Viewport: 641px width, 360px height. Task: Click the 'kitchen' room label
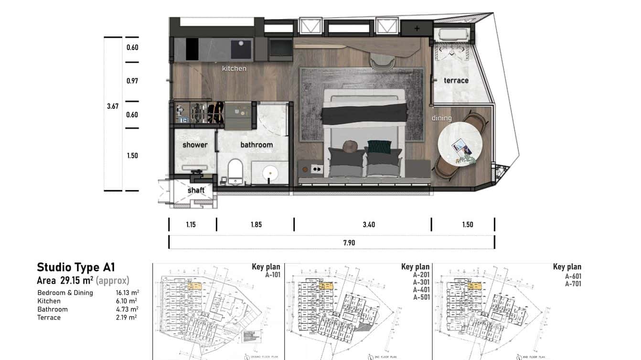pyautogui.click(x=234, y=68)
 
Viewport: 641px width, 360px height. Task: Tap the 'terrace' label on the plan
pyautogui.click(x=456, y=80)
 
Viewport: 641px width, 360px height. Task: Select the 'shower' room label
pyautogui.click(x=195, y=145)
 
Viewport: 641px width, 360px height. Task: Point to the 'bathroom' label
pyautogui.click(x=256, y=145)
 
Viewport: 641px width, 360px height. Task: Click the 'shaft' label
pyautogui.click(x=196, y=190)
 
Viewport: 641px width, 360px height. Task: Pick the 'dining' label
pyautogui.click(x=441, y=118)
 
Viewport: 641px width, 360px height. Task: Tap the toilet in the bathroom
pyautogui.click(x=235, y=170)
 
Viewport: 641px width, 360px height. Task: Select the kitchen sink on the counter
pyautogui.click(x=241, y=49)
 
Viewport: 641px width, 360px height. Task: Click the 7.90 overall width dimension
pyautogui.click(x=349, y=243)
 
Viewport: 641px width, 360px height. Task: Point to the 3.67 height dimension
pyautogui.click(x=113, y=106)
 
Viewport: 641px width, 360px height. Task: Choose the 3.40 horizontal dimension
pyautogui.click(x=369, y=224)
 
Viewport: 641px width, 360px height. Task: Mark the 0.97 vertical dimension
pyautogui.click(x=132, y=81)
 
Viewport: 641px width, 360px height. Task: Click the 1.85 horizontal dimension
pyautogui.click(x=256, y=224)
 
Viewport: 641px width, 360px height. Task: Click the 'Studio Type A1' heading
pyautogui.click(x=76, y=267)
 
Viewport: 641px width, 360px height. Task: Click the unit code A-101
pyautogui.click(x=272, y=275)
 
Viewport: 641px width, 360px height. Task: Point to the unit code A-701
pyautogui.click(x=573, y=284)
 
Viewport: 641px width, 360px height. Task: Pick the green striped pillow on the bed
pyautogui.click(x=379, y=146)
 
